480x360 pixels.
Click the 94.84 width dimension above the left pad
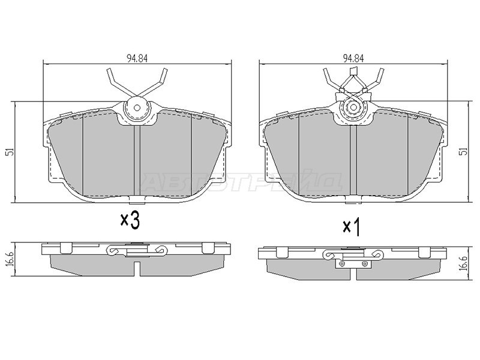pos(137,58)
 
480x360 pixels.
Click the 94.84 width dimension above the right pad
pos(353,58)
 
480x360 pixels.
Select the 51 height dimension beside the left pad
pos(10,152)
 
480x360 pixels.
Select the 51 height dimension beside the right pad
pos(464,151)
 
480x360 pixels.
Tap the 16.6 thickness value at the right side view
pos(464,263)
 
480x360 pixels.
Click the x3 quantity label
pos(130,220)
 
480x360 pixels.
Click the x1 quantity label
pos(351,227)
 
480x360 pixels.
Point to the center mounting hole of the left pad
pos(137,108)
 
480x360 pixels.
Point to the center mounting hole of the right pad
pos(353,107)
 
